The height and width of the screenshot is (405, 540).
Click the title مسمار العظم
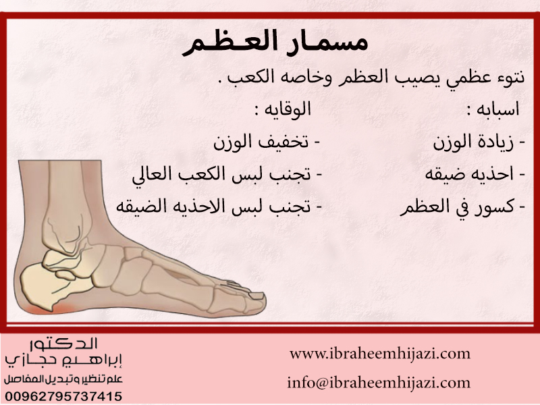[x=275, y=43]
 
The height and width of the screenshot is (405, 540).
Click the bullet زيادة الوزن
[x=479, y=142]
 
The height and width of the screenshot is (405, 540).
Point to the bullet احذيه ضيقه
[x=475, y=174]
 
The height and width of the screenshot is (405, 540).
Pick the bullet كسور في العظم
[x=462, y=207]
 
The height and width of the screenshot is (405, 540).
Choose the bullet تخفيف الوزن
[x=267, y=142]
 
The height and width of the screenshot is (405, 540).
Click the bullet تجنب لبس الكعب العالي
[x=227, y=174]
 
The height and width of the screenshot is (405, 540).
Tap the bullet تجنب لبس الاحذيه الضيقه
[x=219, y=207]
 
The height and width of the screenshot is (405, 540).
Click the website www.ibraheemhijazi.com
[x=380, y=354]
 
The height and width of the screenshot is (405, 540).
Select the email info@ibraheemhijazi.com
[x=379, y=383]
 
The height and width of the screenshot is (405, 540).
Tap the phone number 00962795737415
[x=63, y=396]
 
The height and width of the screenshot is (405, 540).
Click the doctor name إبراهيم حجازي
[x=63, y=360]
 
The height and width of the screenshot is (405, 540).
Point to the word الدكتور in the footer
[x=64, y=344]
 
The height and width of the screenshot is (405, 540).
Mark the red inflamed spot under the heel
[x=48, y=309]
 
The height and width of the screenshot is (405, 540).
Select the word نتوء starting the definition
[x=509, y=77]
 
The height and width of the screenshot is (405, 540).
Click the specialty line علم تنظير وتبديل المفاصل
[x=63, y=379]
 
